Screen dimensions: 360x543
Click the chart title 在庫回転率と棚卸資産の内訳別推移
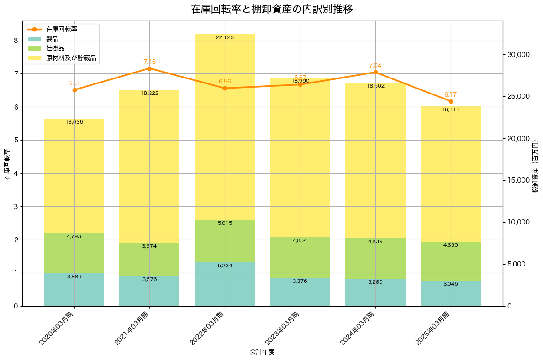tap(271, 9)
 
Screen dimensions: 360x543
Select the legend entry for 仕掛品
tap(55, 48)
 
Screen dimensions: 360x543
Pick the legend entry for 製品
tap(52, 39)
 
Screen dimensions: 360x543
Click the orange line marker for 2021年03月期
tap(149, 68)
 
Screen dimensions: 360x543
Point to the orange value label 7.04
tap(375, 65)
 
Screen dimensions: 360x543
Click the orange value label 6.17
tap(450, 94)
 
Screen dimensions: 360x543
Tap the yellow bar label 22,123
tap(225, 37)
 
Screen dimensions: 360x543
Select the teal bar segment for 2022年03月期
tap(225, 284)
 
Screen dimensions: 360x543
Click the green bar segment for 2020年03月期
tap(74, 253)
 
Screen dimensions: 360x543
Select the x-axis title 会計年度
tap(262, 352)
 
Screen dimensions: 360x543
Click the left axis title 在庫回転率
tap(6, 164)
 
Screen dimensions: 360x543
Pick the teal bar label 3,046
tap(450, 284)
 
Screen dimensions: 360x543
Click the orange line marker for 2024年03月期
tap(375, 72)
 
